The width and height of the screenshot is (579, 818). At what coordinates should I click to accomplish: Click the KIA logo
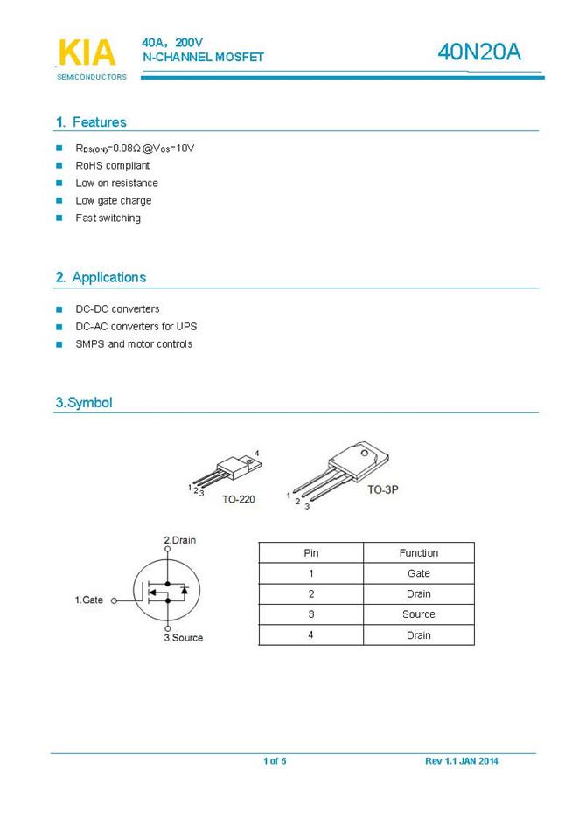[x=87, y=53]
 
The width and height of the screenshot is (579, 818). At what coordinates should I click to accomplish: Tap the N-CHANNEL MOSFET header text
[x=203, y=58]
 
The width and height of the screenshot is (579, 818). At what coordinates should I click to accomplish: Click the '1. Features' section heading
[x=91, y=122]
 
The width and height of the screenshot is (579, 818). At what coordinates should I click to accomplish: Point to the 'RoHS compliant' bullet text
[x=113, y=165]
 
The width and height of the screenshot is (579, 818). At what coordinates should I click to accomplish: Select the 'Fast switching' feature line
[x=108, y=218]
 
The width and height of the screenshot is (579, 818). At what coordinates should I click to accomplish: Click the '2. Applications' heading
[x=101, y=277]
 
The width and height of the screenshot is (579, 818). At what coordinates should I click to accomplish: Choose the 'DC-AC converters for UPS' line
[x=136, y=326]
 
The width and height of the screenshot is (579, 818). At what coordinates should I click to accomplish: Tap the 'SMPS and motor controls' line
[x=134, y=343]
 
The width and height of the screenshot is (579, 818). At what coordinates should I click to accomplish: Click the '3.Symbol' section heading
[x=84, y=403]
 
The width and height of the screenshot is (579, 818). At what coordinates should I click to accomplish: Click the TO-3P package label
[x=382, y=490]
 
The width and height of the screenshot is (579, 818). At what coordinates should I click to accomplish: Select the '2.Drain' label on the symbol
[x=180, y=540]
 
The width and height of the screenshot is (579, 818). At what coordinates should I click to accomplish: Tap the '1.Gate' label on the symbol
[x=88, y=600]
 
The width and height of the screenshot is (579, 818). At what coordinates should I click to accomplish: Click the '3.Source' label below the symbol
[x=184, y=637]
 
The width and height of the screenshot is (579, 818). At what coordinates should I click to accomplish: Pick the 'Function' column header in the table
[x=419, y=552]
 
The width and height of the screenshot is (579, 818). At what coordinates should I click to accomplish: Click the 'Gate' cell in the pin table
[x=419, y=573]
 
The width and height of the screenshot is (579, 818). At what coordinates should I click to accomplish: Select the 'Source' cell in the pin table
[x=419, y=614]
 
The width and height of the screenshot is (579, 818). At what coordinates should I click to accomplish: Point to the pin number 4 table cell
[x=311, y=635]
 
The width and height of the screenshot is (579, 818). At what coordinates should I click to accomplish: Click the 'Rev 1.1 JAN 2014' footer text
[x=462, y=761]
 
